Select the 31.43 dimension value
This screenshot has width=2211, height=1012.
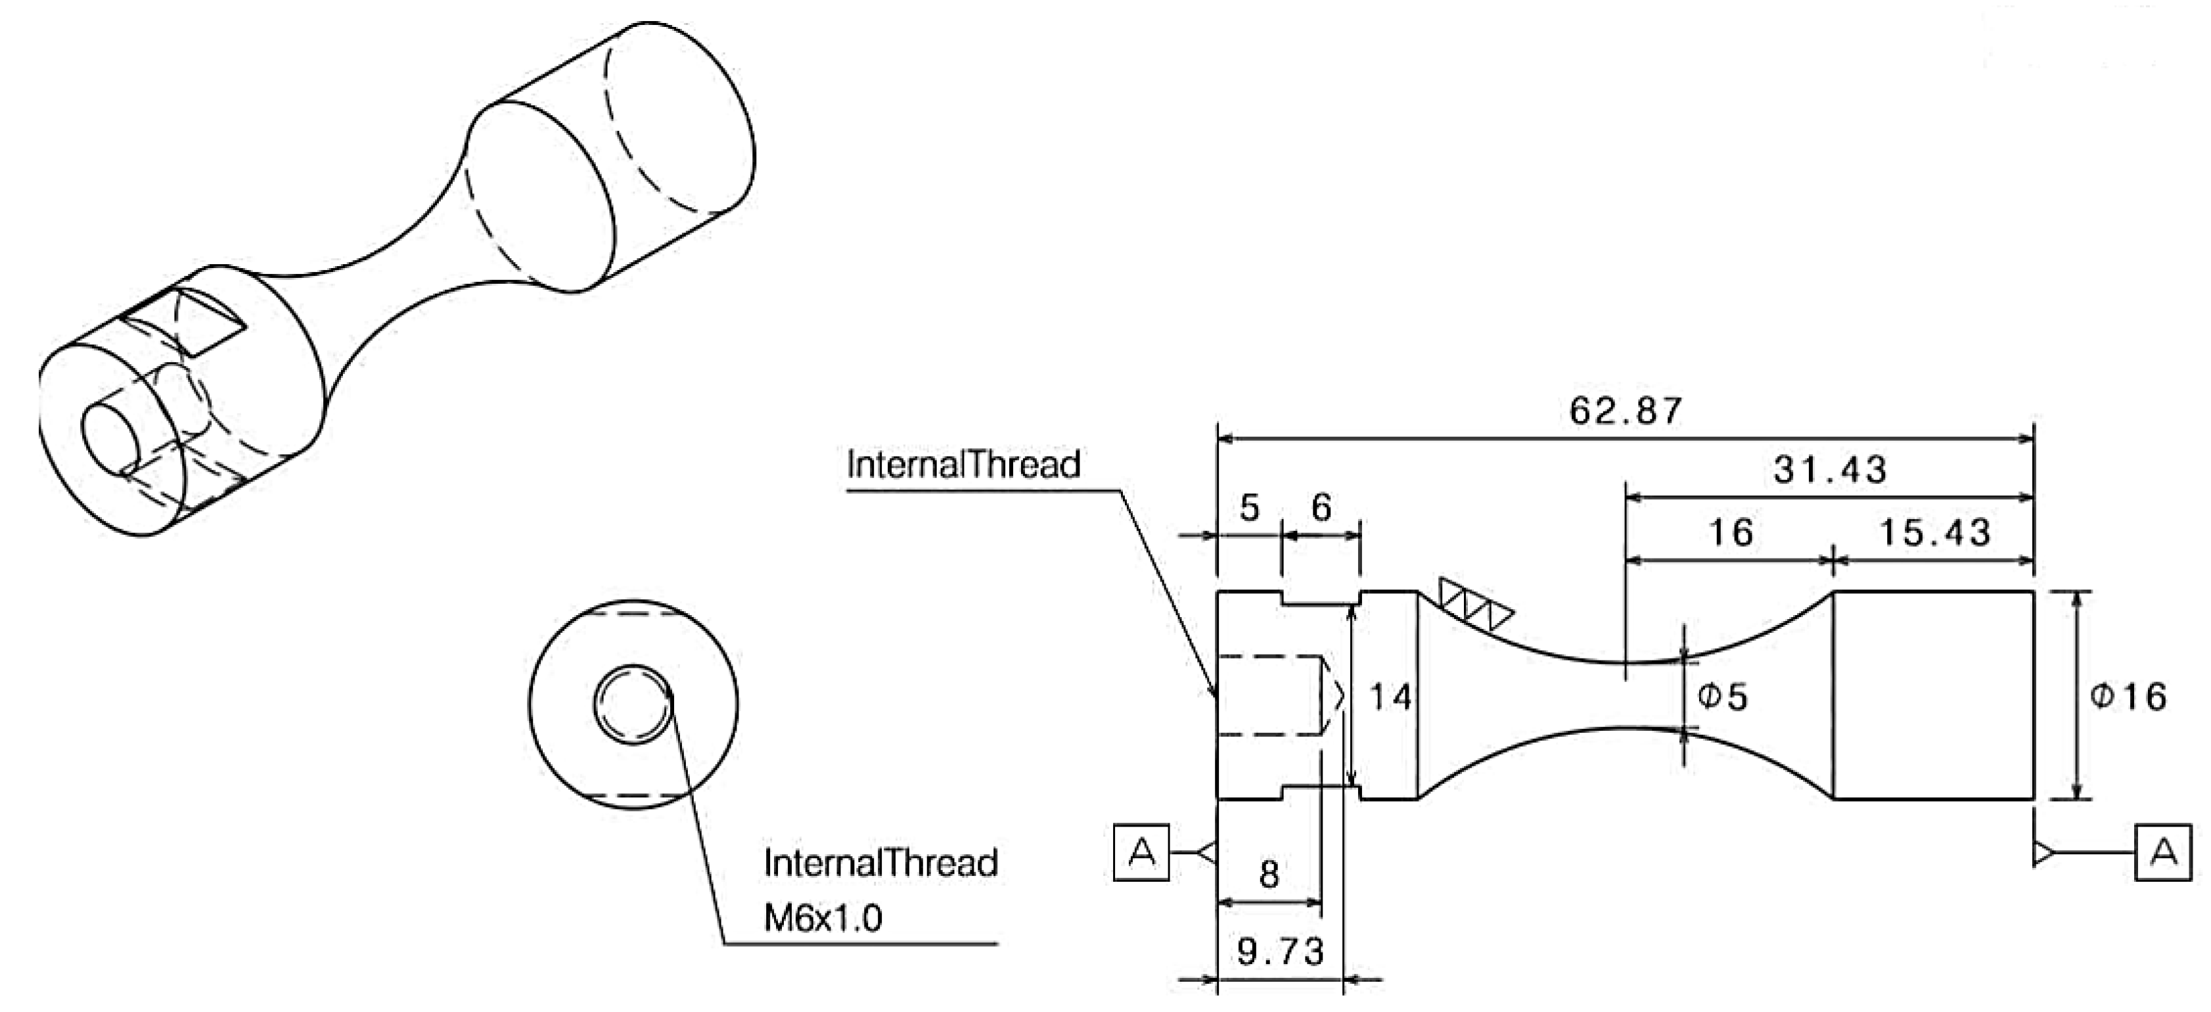point(1829,469)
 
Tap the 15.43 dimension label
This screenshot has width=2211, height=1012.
point(1934,533)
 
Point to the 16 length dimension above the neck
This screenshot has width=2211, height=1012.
point(1730,533)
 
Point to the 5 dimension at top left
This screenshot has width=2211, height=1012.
point(1249,508)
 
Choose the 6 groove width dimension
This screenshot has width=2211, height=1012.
point(1321,508)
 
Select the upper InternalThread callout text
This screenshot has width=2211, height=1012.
point(963,465)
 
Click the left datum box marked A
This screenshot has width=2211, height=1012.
point(1141,852)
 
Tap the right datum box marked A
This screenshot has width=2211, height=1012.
point(2163,852)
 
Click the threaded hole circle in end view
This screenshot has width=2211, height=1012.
point(633,704)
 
